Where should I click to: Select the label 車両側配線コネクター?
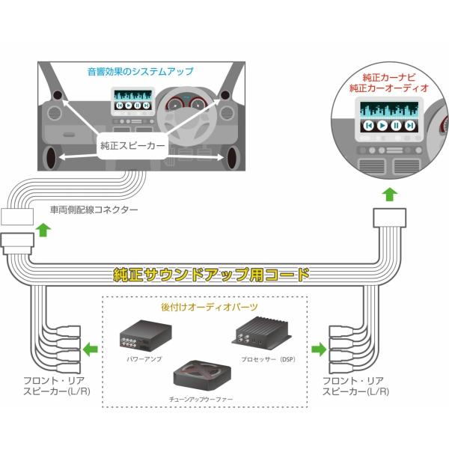tap(94, 210)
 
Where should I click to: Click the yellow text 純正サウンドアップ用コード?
tap(210, 274)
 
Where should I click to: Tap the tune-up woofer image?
tap(203, 376)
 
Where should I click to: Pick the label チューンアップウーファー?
tap(203, 400)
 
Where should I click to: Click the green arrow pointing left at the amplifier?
tap(91, 348)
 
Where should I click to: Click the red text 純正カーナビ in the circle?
tap(389, 77)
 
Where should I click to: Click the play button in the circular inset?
tap(382, 124)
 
